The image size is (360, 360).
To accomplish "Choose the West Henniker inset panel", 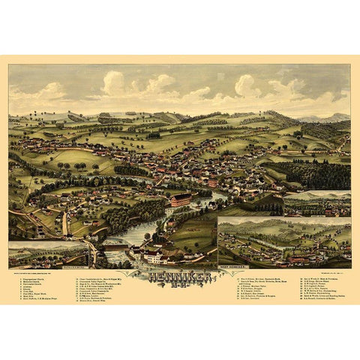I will (x=283, y=241).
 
